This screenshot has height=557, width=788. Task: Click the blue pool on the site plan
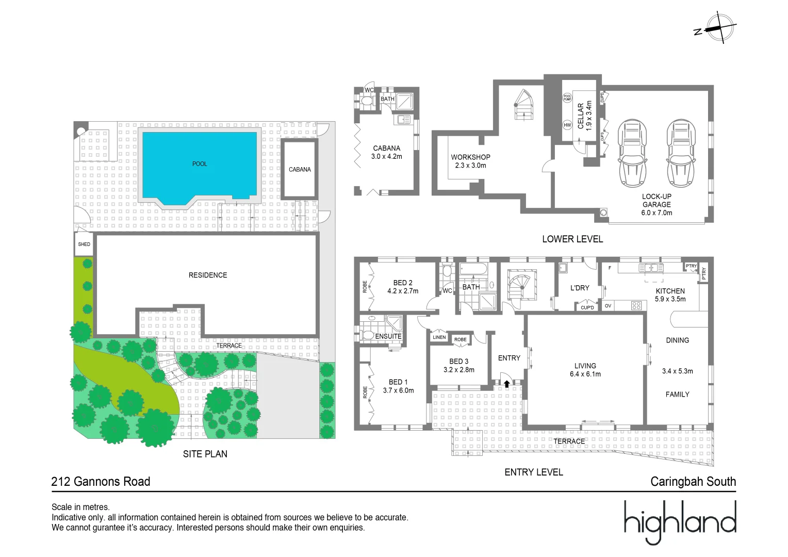(200, 165)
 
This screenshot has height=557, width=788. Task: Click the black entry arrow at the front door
(507, 384)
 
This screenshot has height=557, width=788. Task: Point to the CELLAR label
(581, 116)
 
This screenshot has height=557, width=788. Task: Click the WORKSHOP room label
(470, 157)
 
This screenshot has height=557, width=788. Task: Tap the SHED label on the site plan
(84, 244)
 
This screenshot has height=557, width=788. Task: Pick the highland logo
(680, 521)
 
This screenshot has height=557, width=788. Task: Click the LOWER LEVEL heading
(572, 239)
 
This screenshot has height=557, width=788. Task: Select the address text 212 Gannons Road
(101, 482)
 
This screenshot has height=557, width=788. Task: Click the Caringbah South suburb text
(693, 482)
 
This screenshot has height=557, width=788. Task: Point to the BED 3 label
(458, 362)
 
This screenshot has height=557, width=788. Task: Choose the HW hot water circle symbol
(567, 125)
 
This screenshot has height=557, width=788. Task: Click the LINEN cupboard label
(439, 337)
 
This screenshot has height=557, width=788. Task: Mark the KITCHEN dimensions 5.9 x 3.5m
(670, 299)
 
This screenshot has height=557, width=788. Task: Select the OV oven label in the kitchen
(608, 306)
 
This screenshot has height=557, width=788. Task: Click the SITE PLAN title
(205, 454)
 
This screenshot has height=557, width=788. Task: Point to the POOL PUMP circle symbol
(567, 97)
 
